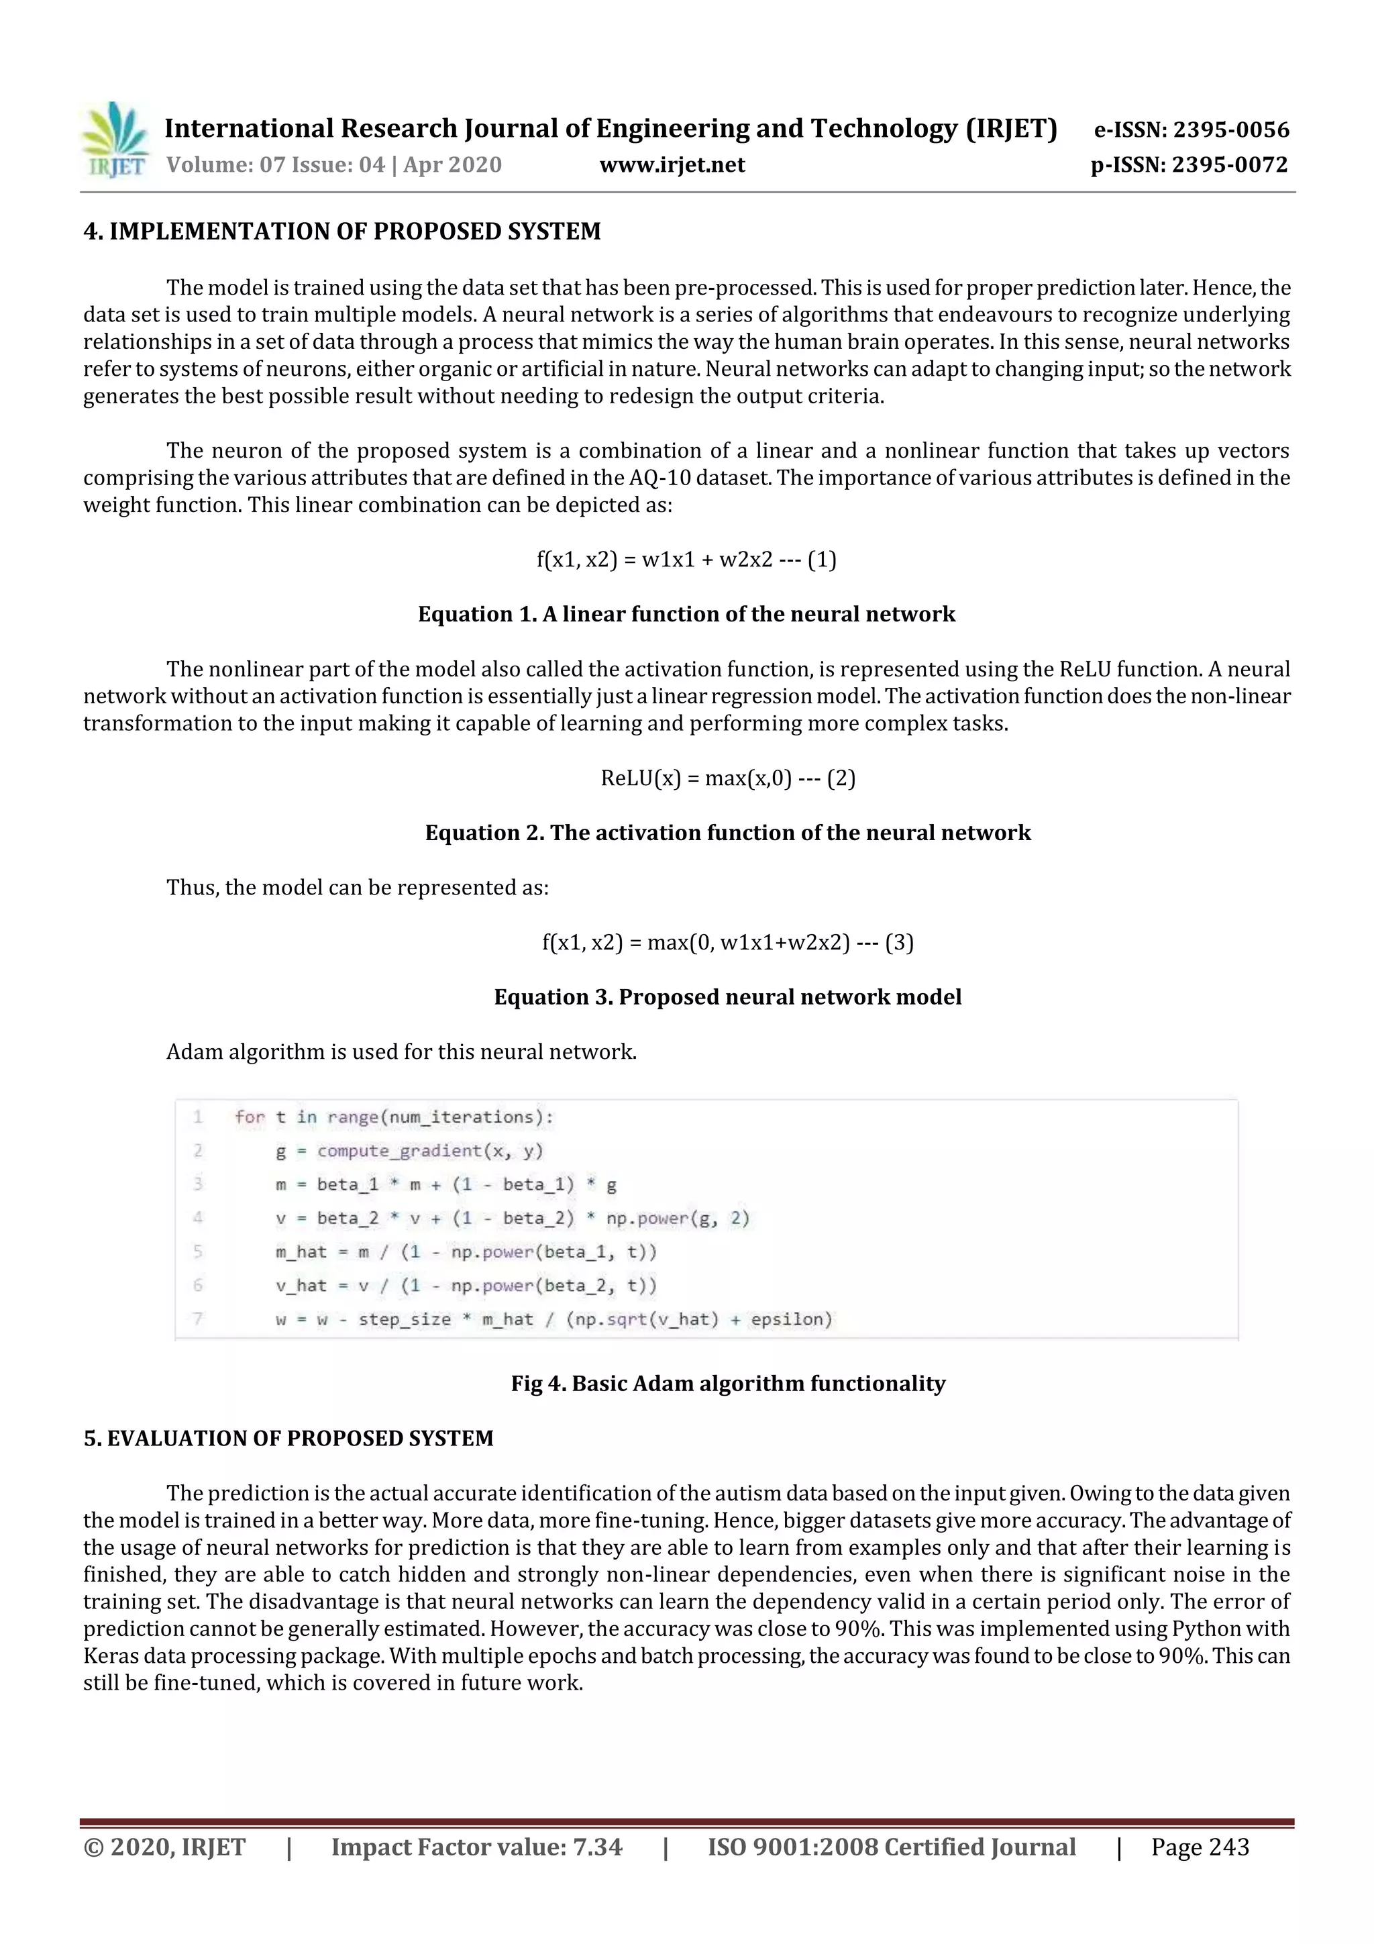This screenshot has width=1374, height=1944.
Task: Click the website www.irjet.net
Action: [x=672, y=165]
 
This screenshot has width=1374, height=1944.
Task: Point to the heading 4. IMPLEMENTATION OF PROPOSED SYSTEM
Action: [x=342, y=231]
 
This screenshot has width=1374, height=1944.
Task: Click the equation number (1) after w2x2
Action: [x=821, y=560]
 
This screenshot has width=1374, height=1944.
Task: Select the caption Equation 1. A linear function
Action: [x=686, y=614]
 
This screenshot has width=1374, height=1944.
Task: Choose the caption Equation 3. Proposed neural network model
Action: [x=727, y=996]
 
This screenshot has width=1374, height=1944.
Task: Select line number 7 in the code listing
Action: [x=198, y=1319]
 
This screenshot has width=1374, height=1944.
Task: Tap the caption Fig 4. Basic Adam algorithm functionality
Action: [x=727, y=1384]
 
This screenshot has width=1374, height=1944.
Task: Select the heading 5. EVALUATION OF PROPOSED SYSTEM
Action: [x=288, y=1439]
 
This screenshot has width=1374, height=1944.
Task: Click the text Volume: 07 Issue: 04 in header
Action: [x=276, y=165]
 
